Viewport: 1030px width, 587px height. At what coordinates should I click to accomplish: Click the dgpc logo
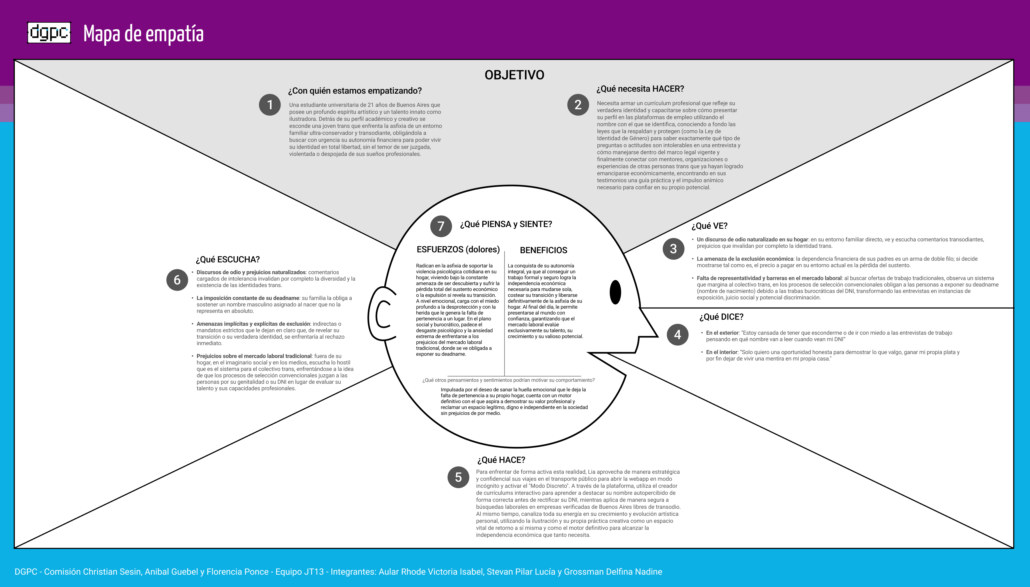tap(49, 33)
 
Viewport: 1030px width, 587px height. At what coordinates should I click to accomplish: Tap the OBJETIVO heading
tap(514, 75)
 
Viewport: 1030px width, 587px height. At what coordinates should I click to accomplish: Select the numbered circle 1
tap(270, 105)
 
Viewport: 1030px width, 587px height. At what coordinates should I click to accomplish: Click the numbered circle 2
tap(578, 105)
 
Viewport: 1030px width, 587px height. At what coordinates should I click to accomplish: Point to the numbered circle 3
tap(673, 249)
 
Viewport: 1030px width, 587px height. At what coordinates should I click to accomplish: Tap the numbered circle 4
tap(677, 335)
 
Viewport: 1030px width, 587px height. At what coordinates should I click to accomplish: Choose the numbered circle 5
tap(458, 477)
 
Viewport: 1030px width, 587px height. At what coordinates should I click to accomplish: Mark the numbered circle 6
tap(177, 280)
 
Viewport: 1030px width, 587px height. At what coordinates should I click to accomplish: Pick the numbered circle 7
tap(441, 226)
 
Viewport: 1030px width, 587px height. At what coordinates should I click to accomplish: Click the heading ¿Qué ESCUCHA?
tap(228, 260)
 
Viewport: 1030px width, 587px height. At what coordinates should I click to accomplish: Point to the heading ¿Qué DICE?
tap(721, 317)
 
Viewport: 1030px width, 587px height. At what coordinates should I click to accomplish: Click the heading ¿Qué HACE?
tap(501, 460)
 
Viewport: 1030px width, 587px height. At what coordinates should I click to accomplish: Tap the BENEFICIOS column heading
tap(543, 250)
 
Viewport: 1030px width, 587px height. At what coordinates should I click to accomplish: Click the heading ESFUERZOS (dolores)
tap(458, 249)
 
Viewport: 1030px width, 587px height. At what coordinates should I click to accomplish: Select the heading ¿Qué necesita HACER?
tap(640, 89)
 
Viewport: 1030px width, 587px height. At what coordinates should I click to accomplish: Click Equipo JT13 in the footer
tap(299, 572)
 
